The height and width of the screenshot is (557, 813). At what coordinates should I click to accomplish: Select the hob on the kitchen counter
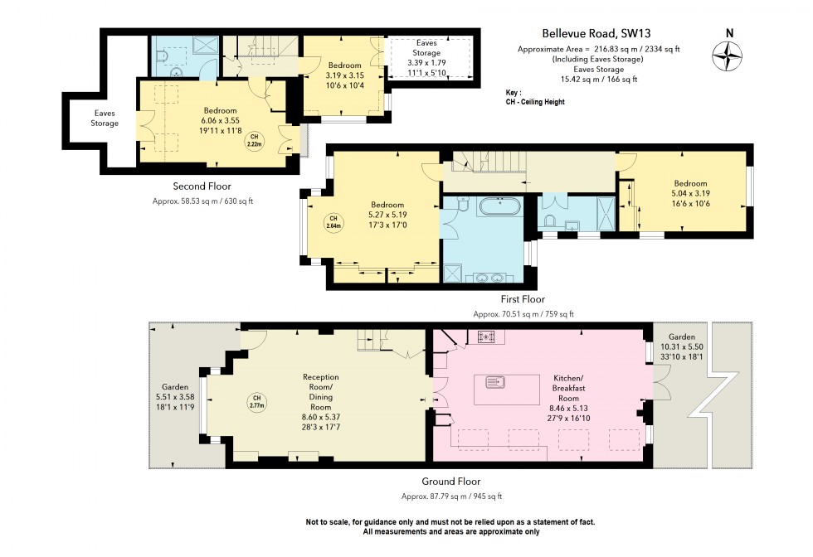pyautogui.click(x=486, y=337)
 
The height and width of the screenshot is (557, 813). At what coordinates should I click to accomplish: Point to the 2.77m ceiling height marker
pyautogui.click(x=256, y=403)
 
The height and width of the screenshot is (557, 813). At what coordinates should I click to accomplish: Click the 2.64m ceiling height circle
pyautogui.click(x=333, y=222)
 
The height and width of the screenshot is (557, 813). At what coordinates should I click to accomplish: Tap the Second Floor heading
pyautogui.click(x=202, y=186)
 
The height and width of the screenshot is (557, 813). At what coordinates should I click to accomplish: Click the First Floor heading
pyautogui.click(x=523, y=299)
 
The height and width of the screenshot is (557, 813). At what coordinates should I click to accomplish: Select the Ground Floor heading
pyautogui.click(x=451, y=481)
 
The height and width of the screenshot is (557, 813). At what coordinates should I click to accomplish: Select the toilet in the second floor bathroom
pyautogui.click(x=162, y=55)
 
